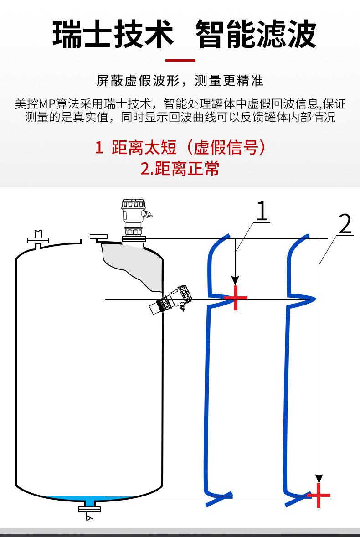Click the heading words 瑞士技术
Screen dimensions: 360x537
pos(113,34)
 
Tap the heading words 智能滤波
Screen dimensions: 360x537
pos(256,34)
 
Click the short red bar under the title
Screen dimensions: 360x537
pos(180,60)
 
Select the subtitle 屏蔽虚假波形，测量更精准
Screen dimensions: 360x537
pos(180,81)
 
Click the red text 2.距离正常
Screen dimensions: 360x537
pos(180,169)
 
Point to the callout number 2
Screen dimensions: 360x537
pos(345,224)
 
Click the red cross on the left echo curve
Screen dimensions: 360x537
pos(236,298)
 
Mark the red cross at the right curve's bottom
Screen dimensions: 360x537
pos(319,496)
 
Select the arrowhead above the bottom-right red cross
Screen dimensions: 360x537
pos(319,478)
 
